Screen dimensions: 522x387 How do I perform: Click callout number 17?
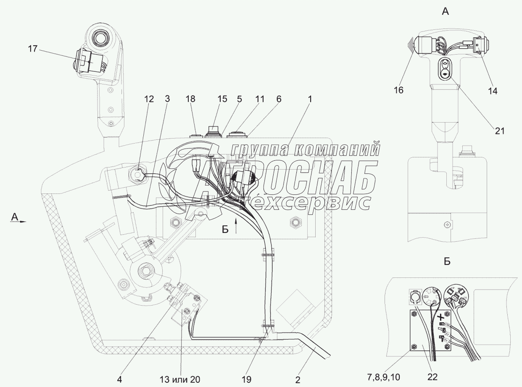point(33,49)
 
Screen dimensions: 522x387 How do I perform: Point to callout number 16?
point(398,90)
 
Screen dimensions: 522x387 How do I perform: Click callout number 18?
point(190,99)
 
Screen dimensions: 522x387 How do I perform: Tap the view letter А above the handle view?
point(446,12)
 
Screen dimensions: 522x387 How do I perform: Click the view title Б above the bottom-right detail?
point(447,261)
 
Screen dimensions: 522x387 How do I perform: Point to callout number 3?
point(167,99)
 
